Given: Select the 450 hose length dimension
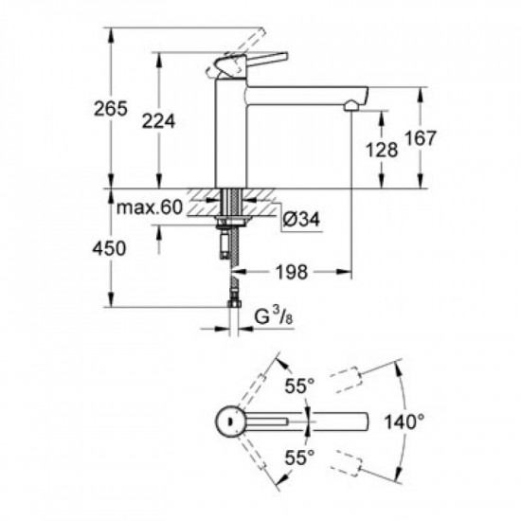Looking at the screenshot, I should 84,248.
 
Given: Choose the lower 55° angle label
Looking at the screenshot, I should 301,456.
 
